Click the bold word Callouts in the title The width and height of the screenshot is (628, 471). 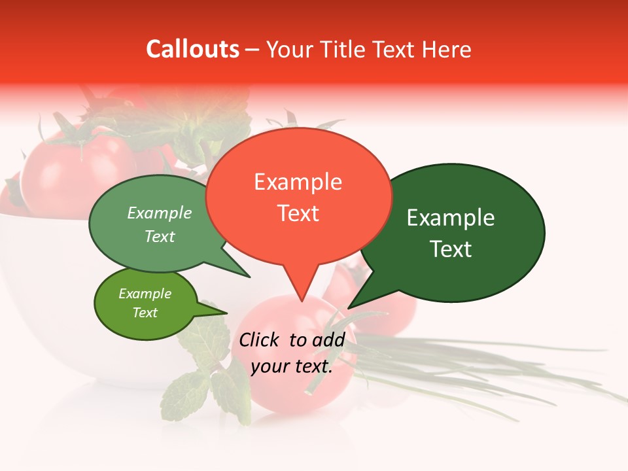pos(192,49)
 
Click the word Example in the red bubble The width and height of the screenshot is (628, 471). pos(298,182)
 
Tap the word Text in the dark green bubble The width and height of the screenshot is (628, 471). pos(451,249)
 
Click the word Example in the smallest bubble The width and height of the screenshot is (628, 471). pos(145,294)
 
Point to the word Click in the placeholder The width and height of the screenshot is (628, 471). pos(259,340)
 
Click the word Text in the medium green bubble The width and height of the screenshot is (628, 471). pos(160,237)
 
